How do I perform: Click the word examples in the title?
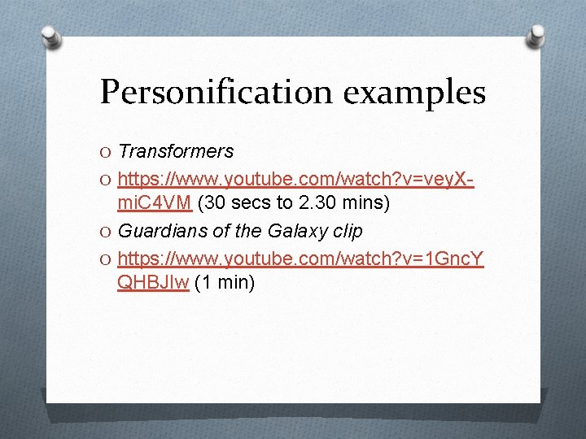[x=414, y=92]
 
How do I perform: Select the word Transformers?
[x=176, y=151]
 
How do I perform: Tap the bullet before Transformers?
[x=107, y=152]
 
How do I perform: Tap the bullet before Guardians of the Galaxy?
[x=107, y=232]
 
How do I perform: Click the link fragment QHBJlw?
[x=154, y=283]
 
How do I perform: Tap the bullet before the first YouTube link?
[x=107, y=179]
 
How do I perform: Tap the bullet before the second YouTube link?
[x=107, y=258]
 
